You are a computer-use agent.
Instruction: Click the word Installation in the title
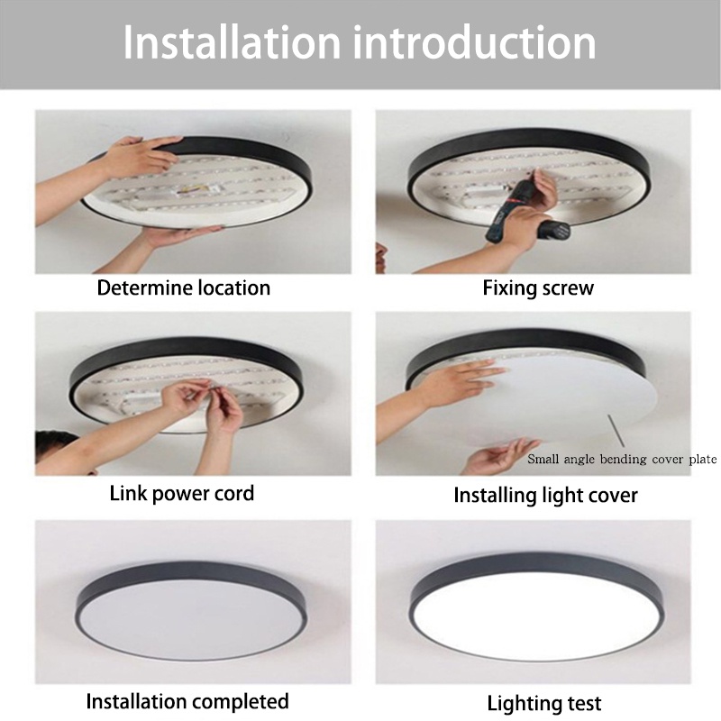click(232, 43)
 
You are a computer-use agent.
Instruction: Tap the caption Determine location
click(184, 288)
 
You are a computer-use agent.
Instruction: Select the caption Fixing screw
click(538, 288)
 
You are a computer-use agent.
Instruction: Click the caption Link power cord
click(182, 493)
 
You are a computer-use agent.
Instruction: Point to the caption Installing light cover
click(545, 495)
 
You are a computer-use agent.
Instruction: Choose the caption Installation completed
click(187, 701)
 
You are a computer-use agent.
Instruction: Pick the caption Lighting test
click(544, 703)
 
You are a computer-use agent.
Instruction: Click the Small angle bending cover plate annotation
click(622, 460)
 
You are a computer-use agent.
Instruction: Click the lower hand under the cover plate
click(500, 455)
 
